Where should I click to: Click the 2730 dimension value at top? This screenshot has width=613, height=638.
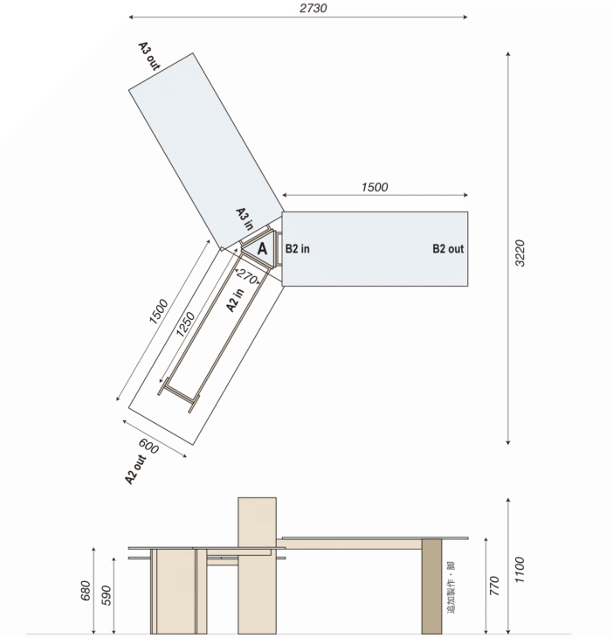coord(313,8)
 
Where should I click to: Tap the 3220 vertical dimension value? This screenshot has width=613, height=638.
coord(520,253)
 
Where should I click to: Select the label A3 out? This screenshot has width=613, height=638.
coord(149,56)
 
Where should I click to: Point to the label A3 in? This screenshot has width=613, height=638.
coord(245,218)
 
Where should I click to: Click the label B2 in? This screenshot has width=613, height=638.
coord(297,248)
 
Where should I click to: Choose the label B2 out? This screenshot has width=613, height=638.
coord(448,248)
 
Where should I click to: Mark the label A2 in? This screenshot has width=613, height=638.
coord(235,301)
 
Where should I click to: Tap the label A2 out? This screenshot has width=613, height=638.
coord(135,470)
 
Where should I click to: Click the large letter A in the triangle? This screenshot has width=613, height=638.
coord(262,248)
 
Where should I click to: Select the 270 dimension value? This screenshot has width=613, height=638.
coord(247,276)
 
